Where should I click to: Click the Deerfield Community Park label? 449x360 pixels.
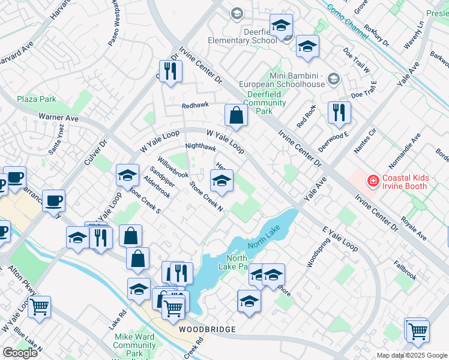point(264,103)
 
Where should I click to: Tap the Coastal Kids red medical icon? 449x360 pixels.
point(373,179)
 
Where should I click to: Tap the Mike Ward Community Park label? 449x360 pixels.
point(134,345)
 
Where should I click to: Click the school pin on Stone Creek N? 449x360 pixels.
point(221,180)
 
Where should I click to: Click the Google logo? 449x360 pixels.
point(20,353)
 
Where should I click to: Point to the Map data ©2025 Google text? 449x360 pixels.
point(412,355)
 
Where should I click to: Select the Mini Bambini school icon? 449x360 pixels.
point(334,79)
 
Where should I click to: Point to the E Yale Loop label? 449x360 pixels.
point(340,239)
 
